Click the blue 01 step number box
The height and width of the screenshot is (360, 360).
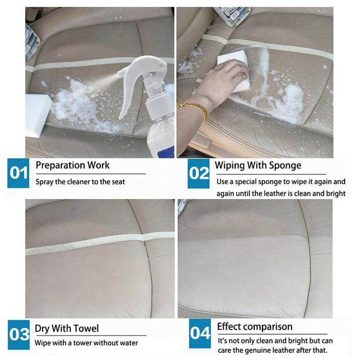19,173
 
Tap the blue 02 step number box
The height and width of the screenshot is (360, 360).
199,173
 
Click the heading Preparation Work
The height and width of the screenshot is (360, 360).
72,165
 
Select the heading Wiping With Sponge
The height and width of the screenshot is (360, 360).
258,165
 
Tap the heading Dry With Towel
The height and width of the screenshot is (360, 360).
67,328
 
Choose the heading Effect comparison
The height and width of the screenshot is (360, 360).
255,326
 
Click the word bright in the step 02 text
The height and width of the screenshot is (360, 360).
336,194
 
